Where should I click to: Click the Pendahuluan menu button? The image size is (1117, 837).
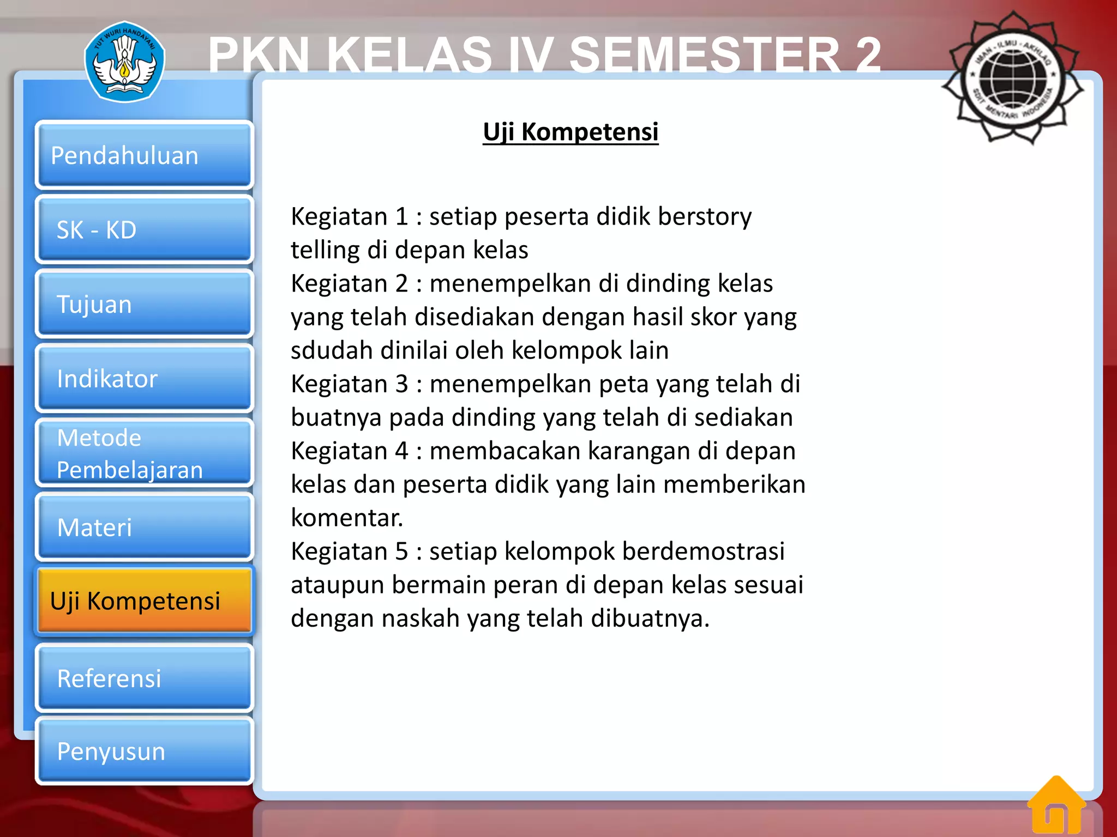pos(144,155)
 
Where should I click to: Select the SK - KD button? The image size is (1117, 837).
pos(144,230)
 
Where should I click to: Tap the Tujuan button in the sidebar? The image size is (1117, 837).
pos(144,304)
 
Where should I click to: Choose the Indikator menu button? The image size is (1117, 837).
pos(144,378)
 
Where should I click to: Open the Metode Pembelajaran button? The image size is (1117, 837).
pos(144,453)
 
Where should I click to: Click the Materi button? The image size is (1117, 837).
pos(144,527)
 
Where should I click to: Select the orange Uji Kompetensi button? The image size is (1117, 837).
pos(144,601)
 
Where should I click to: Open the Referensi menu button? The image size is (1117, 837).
pos(144,678)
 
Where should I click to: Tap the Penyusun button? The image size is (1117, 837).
pos(144,751)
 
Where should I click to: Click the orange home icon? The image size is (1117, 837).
pos(1056,806)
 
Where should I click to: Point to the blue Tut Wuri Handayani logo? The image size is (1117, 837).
pos(124,62)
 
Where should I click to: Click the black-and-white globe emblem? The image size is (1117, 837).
pos(1013,78)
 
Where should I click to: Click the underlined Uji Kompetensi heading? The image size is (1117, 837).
pos(570,132)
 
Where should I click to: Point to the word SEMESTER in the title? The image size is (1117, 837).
pos(704,54)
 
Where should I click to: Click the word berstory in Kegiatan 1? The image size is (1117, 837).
pos(704,217)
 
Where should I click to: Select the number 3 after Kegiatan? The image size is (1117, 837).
pos(401,384)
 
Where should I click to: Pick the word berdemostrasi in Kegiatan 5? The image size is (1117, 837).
pos(703,551)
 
